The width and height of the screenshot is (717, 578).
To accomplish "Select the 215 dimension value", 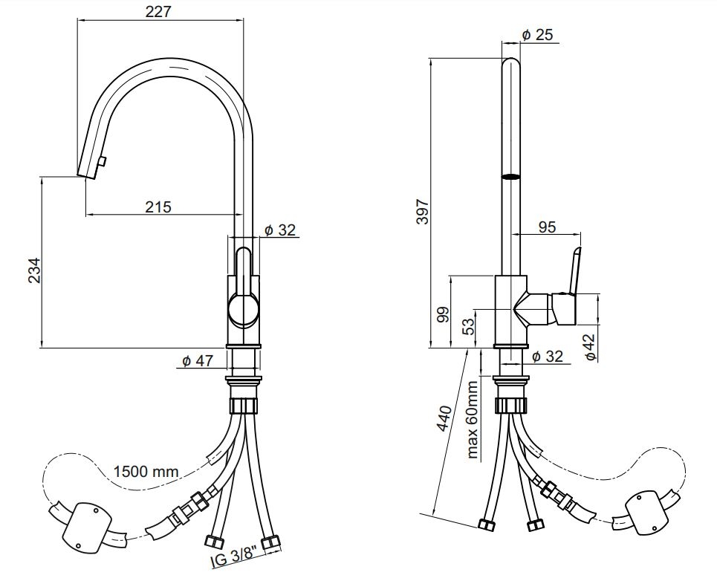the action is (158, 207).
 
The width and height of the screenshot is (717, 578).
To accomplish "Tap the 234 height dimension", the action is (34, 270).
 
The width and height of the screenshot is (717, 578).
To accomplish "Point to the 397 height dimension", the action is (423, 211).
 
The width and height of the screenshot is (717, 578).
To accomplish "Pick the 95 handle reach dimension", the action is (547, 227).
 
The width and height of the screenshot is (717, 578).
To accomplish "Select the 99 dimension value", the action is (443, 315).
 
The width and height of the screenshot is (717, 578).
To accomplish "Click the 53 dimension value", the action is (468, 326).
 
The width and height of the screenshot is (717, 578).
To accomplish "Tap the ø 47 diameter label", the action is (198, 361).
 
